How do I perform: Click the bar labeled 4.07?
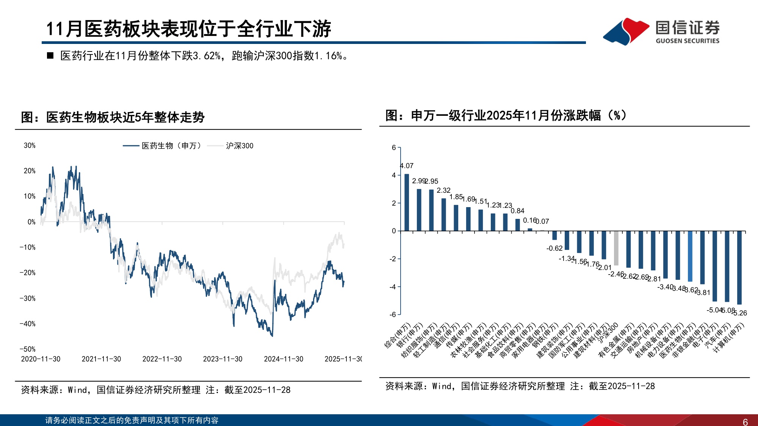(407, 202)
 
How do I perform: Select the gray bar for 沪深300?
(616, 248)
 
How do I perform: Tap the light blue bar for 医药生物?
(690, 256)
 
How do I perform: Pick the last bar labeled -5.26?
(739, 267)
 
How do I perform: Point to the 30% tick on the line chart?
(30, 145)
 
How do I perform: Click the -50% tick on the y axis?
(28, 349)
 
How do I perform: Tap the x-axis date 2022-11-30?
(162, 359)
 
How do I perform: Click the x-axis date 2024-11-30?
(283, 359)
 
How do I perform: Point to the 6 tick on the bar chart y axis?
(394, 148)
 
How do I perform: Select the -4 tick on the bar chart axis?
(393, 287)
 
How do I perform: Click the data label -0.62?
(554, 248)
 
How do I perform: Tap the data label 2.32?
(443, 190)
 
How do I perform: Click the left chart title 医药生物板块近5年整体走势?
(113, 117)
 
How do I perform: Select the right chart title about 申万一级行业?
(506, 115)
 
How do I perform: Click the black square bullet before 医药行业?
(50, 56)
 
